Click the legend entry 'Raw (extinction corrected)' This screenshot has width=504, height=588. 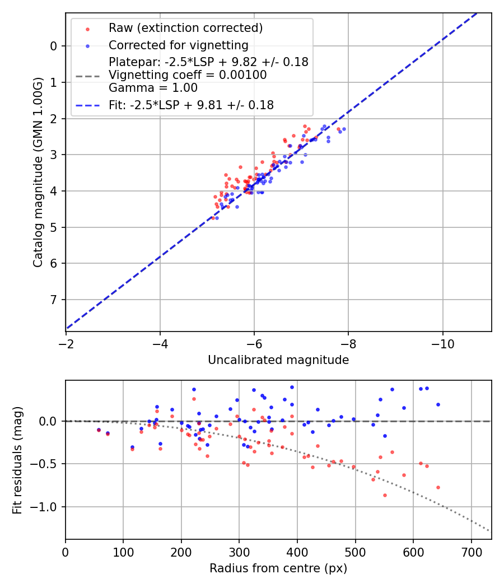185,28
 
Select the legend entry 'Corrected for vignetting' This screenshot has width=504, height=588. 178,45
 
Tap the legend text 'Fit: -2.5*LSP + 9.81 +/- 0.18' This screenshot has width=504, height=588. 191,105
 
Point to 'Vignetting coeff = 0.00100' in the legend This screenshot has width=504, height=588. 188,75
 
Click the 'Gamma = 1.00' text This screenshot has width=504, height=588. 153,88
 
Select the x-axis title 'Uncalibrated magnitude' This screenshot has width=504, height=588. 278,360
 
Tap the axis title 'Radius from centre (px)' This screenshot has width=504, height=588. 278,568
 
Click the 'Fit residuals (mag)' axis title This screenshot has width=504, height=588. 17,460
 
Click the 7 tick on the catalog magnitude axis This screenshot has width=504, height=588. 54,300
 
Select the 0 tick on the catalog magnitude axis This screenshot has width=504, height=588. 54,46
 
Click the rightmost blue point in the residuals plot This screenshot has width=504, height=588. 438,404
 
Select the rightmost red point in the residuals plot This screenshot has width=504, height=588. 438,487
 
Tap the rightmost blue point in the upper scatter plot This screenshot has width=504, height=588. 344,129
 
